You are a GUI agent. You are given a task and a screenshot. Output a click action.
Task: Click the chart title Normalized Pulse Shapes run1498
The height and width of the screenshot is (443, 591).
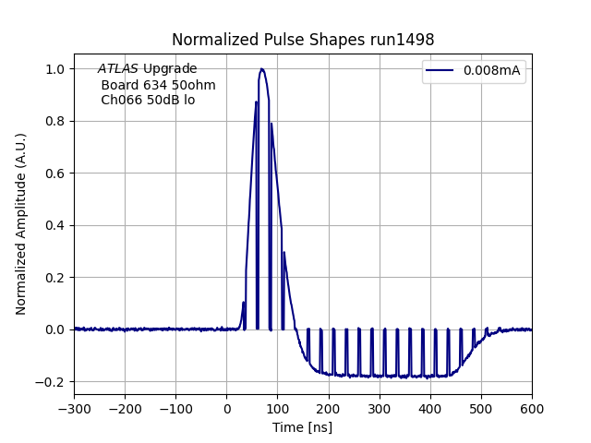click(303, 40)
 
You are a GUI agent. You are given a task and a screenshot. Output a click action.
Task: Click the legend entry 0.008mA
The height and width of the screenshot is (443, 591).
click(491, 71)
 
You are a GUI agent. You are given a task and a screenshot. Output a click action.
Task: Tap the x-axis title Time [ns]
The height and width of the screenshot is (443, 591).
click(302, 427)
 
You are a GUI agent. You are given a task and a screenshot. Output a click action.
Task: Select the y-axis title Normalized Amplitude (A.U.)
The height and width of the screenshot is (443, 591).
click(21, 224)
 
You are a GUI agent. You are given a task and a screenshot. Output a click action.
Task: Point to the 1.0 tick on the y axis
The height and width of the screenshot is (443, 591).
click(56, 69)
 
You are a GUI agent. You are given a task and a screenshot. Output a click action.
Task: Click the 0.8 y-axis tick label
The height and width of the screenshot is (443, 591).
click(56, 121)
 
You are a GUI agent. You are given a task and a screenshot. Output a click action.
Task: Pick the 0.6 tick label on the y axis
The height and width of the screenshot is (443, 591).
click(56, 174)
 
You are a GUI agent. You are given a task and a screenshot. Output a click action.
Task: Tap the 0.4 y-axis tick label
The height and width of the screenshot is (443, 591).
click(56, 225)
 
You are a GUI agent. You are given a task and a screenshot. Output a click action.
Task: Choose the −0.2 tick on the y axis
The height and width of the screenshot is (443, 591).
click(53, 382)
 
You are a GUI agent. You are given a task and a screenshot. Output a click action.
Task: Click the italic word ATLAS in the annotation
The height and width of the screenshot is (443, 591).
click(118, 69)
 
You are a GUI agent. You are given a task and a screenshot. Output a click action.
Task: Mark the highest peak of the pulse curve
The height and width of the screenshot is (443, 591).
click(262, 69)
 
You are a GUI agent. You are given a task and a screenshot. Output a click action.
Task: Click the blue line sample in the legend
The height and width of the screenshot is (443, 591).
click(442, 71)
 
